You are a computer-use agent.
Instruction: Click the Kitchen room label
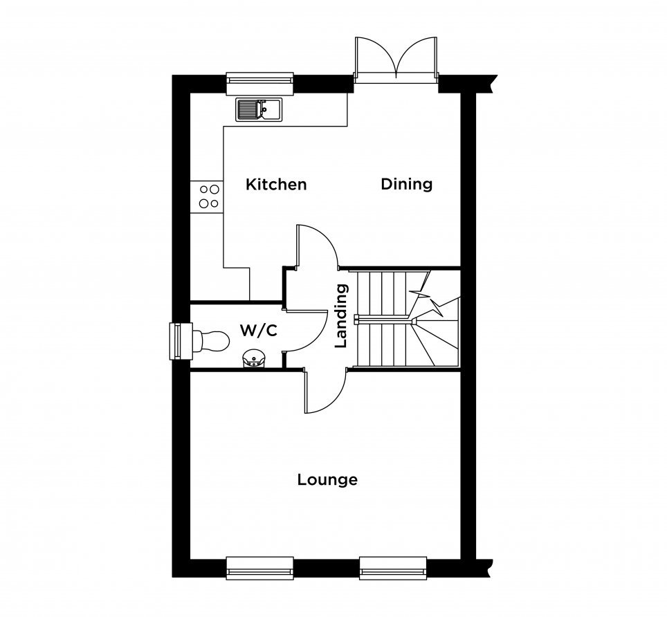[x=276, y=185]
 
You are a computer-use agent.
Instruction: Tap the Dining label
[x=407, y=184]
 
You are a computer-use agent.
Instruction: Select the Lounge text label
[x=327, y=480]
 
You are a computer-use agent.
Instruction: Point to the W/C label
[x=259, y=330]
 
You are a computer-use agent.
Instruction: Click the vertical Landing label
[x=341, y=316]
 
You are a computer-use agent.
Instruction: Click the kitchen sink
[x=259, y=110]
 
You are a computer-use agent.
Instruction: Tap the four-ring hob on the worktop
[x=207, y=196]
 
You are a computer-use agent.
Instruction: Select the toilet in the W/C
[x=211, y=341]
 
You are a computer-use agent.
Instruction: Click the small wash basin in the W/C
[x=254, y=359]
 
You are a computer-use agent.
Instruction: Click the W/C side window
[x=181, y=341]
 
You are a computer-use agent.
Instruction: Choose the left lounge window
[x=260, y=568]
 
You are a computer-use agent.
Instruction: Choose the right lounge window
[x=393, y=568]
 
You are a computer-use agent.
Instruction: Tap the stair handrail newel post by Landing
[x=356, y=319]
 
